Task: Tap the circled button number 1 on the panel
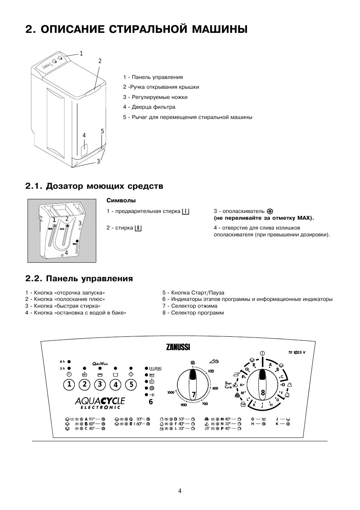(69, 385)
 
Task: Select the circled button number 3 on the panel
(100, 385)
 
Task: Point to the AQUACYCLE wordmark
(100, 401)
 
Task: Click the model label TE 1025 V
(297, 353)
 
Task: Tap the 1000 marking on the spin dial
(171, 393)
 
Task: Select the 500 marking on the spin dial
(211, 371)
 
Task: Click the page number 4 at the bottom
(180, 491)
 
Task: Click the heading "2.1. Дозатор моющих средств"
(94, 186)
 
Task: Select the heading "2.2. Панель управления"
(79, 279)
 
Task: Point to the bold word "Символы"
(121, 200)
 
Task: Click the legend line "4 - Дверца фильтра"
(149, 107)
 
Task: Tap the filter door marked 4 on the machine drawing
(85, 149)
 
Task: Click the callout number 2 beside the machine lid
(100, 61)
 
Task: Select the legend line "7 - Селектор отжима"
(190, 306)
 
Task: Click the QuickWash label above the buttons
(100, 364)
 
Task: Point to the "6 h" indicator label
(62, 361)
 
